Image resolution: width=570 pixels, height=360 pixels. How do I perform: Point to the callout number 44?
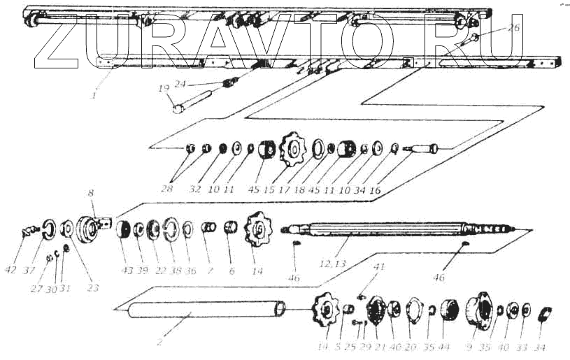pyautogui.click(x=446, y=347)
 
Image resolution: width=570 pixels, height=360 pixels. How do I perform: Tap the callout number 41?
pyautogui.click(x=379, y=267)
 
